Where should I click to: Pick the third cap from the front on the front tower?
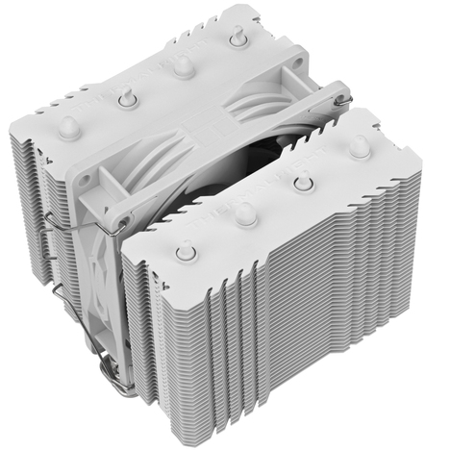click(x=305, y=181)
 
